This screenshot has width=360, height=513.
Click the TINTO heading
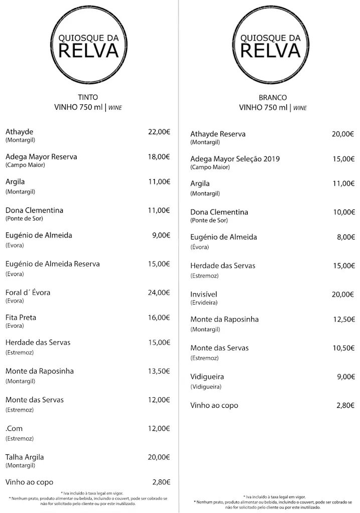point(88,97)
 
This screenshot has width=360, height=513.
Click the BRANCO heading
point(273,98)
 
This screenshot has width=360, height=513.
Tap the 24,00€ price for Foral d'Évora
point(159,293)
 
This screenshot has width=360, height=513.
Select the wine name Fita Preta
point(21,318)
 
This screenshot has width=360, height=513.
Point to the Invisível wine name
point(204,295)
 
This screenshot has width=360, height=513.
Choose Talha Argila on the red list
point(25,457)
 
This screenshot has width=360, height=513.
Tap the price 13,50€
point(159,371)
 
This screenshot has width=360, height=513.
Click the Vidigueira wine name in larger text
point(207,377)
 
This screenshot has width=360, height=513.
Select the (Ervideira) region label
point(204,303)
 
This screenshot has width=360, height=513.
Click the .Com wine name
point(14,429)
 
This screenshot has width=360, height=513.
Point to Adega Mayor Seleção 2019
point(235,159)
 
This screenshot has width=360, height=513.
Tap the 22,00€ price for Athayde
point(159,132)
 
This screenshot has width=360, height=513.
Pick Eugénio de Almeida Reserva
point(53,264)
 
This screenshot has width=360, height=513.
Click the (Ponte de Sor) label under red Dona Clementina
point(24,218)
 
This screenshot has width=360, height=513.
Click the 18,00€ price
point(159,157)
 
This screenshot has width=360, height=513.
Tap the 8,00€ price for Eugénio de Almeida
point(345,237)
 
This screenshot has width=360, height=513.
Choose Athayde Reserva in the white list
point(218,134)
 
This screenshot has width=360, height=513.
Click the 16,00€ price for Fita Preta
point(159,318)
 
